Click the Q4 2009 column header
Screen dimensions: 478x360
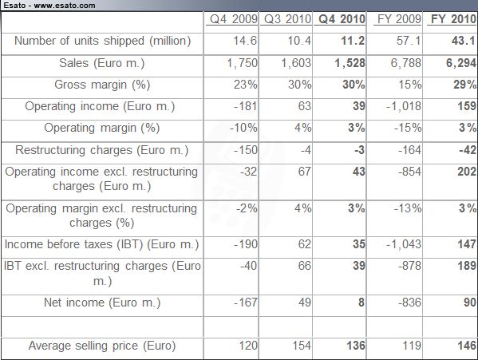click(x=234, y=19)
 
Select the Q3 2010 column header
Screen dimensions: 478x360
click(x=287, y=19)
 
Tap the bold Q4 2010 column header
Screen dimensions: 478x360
click(x=342, y=19)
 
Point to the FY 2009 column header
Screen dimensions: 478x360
click(x=399, y=19)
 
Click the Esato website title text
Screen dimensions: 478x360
click(x=49, y=5)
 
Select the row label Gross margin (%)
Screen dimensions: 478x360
click(x=102, y=85)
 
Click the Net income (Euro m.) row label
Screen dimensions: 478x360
click(x=102, y=303)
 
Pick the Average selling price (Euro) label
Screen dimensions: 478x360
click(x=102, y=346)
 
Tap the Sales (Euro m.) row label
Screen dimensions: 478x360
click(x=102, y=63)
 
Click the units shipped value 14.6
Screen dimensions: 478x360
click(x=245, y=41)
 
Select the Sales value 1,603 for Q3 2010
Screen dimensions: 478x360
click(x=296, y=63)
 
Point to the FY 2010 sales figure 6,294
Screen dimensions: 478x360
click(x=461, y=63)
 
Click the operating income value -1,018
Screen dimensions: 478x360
click(x=404, y=106)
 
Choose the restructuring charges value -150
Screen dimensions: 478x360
click(x=246, y=150)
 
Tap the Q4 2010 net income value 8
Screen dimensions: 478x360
click(x=361, y=303)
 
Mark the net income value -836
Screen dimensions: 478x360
click(x=409, y=303)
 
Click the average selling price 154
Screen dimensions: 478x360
click(x=302, y=346)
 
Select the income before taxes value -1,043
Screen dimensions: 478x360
click(x=404, y=244)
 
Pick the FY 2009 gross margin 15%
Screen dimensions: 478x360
click(x=410, y=85)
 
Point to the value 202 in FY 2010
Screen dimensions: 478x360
click(x=467, y=172)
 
